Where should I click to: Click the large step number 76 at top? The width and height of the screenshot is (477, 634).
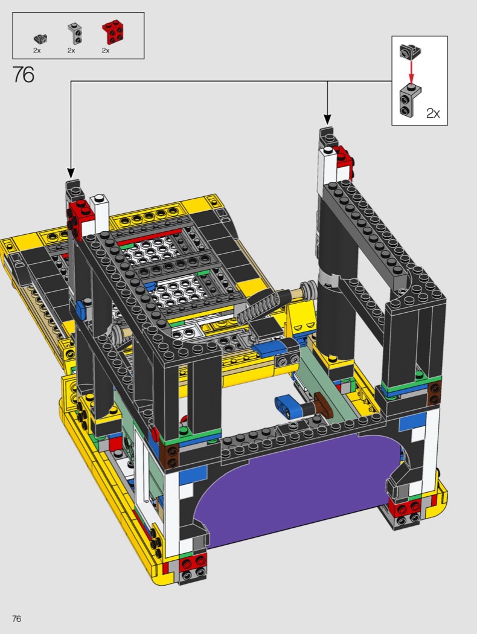click(x=24, y=74)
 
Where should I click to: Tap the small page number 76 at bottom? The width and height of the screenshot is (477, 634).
click(x=16, y=619)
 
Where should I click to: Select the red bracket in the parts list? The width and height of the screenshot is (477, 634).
click(x=112, y=33)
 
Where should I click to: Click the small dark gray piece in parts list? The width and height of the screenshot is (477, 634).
click(x=40, y=39)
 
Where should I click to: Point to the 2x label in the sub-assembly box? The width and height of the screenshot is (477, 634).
click(x=433, y=114)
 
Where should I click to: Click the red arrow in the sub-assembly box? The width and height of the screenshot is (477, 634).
click(x=411, y=71)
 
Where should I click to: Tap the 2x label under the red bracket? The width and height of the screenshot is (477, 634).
click(x=106, y=51)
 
